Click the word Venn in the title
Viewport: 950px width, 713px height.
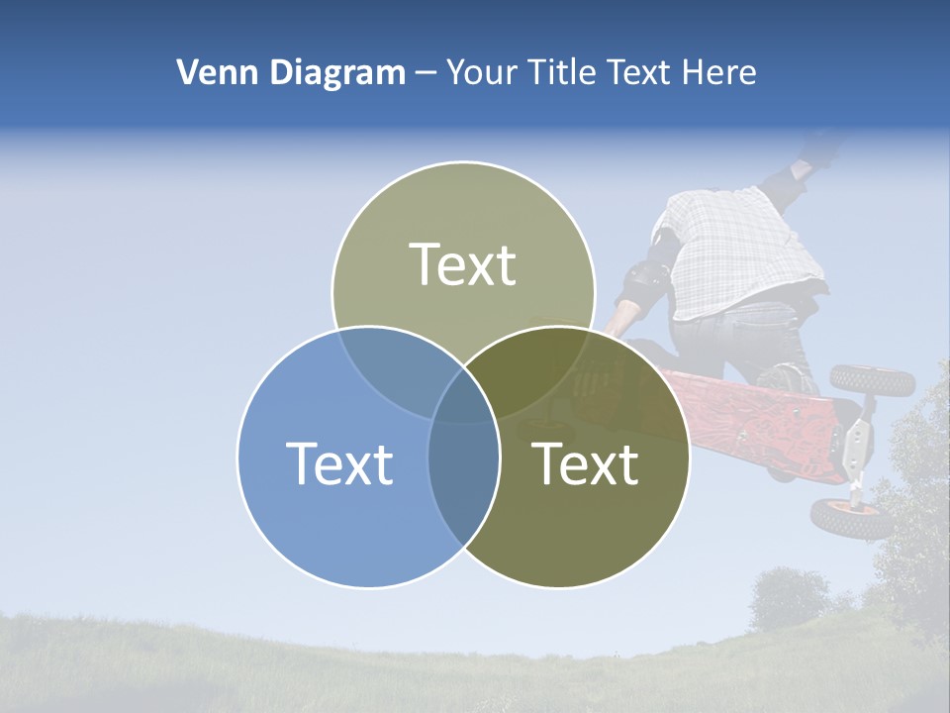(x=212, y=72)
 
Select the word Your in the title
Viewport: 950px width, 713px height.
(x=481, y=72)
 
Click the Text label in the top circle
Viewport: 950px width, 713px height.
(x=463, y=264)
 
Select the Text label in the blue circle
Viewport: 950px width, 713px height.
(x=339, y=463)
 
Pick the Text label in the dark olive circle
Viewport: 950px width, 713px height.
(x=586, y=463)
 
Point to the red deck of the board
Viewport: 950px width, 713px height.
(x=752, y=416)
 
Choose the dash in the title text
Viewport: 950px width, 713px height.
(x=426, y=73)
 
